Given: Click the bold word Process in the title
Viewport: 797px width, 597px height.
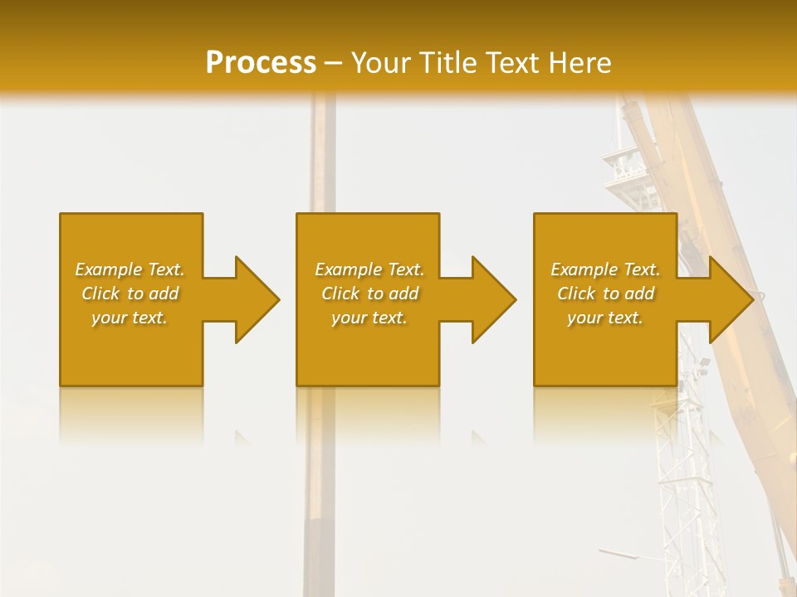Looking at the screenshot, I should pos(261,63).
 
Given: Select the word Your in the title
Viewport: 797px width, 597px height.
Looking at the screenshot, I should pos(378,63).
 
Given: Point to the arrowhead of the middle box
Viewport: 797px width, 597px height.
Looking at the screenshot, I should pos(493,299).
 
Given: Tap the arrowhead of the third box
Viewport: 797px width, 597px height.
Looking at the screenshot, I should pos(731,299).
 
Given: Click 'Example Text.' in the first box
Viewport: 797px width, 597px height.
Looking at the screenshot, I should pos(130,269).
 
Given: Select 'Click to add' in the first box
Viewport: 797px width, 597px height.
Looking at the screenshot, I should pos(130,294).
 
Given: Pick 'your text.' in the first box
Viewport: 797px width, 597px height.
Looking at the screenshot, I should pos(130,318).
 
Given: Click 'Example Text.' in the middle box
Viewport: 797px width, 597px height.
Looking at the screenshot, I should pos(369,269).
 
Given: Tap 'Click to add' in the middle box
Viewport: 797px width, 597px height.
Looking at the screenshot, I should pos(369,294).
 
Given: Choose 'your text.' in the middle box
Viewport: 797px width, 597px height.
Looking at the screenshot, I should pos(369,318).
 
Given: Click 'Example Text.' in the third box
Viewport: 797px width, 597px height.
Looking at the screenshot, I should pos(605,269).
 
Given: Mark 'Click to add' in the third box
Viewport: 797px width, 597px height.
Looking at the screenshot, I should pos(606,294).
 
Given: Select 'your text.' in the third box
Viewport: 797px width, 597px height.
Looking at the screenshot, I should pos(605,318).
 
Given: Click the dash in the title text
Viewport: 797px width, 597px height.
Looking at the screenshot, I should pos(333,64).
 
